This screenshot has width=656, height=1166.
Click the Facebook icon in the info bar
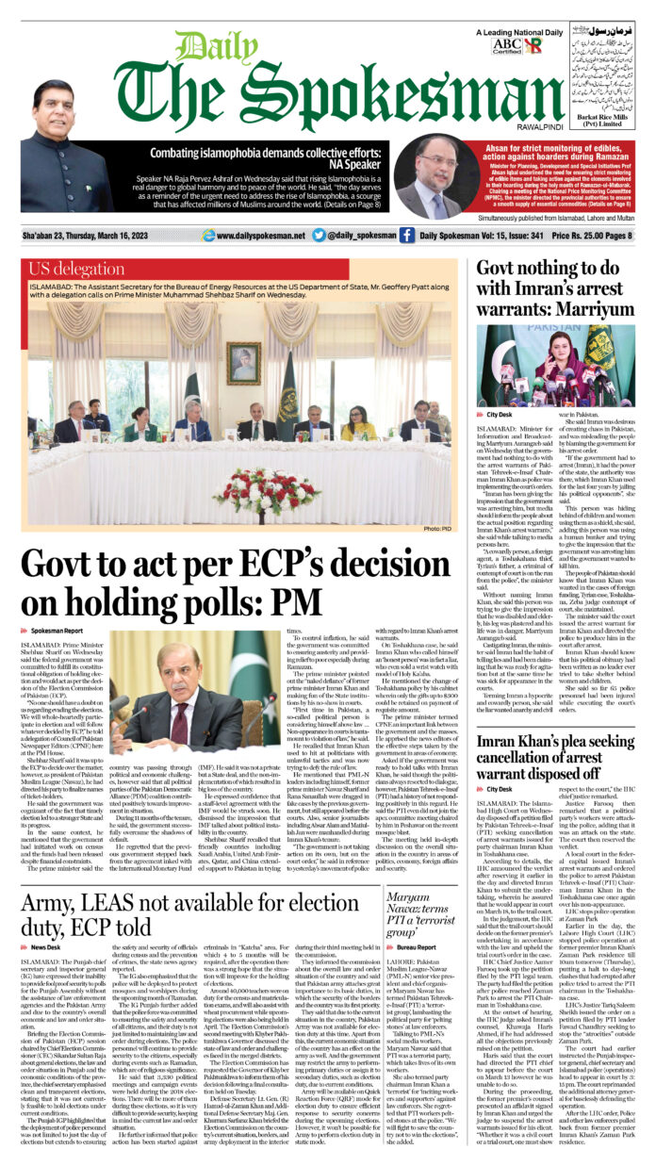tap(406, 236)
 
